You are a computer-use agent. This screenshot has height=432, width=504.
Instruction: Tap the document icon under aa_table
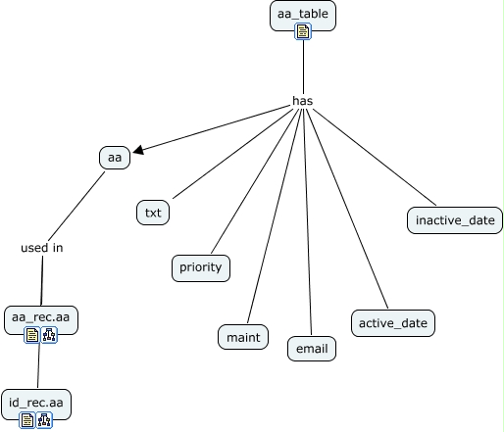coord(303,31)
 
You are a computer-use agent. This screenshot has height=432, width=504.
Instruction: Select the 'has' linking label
coord(303,101)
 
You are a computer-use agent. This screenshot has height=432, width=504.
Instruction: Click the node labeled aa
coord(115,158)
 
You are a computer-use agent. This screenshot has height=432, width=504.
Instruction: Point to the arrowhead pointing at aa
coord(138,150)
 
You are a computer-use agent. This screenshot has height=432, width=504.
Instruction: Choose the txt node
coord(153,213)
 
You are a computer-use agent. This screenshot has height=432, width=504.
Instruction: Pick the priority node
coord(201,268)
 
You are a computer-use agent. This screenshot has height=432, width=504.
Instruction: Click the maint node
coord(243,337)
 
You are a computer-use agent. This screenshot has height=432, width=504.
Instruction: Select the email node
coord(312,349)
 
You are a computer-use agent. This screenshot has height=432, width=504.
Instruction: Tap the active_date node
coord(393,323)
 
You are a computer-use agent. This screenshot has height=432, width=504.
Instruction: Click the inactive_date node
coord(455,220)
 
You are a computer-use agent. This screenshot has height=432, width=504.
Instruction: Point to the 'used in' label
coord(42,248)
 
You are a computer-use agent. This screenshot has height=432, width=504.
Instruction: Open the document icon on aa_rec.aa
coord(32,335)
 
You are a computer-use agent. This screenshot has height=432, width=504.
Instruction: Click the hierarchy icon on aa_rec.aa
coord(49,335)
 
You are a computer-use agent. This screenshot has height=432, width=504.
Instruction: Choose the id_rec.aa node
coord(36,404)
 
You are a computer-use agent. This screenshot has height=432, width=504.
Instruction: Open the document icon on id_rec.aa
coord(27,420)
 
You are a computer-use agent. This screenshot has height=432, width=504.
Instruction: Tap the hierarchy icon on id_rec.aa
coord(44,420)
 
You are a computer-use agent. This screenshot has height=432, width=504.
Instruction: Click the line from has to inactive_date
coord(375,157)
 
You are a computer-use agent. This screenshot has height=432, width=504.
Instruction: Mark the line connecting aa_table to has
coord(303,68)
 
